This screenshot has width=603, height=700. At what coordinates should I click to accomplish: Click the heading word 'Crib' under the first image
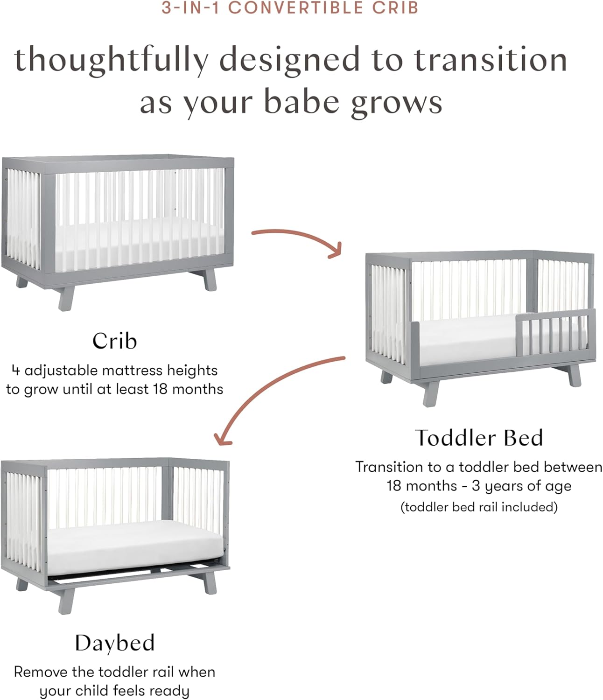click(x=114, y=341)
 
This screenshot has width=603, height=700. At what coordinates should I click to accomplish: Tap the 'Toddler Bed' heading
click(x=479, y=438)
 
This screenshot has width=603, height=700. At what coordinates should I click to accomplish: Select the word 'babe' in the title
click(x=301, y=101)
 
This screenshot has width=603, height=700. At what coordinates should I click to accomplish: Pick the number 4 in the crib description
click(x=15, y=371)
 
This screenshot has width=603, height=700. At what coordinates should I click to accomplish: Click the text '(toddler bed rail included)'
click(x=479, y=507)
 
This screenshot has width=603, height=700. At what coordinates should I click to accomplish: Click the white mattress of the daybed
click(x=135, y=547)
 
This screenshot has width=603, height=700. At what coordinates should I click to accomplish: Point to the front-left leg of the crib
click(x=66, y=299)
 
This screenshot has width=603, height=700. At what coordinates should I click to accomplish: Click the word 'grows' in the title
click(x=397, y=103)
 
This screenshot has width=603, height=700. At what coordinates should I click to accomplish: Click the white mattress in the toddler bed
click(x=468, y=339)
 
